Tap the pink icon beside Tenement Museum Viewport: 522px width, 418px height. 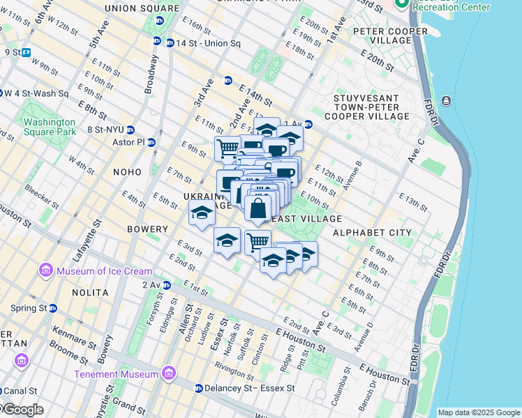coord(167,375)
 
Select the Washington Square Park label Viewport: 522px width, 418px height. coord(49,126)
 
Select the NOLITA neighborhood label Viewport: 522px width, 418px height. coord(90,292)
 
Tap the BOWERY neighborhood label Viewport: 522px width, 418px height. coord(147,229)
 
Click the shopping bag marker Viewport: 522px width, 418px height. coord(258,208)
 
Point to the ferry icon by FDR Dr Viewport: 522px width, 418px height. coord(446,101)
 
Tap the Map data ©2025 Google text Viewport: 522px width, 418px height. coord(478,412)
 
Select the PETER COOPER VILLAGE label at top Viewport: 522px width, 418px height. coord(390,37)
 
